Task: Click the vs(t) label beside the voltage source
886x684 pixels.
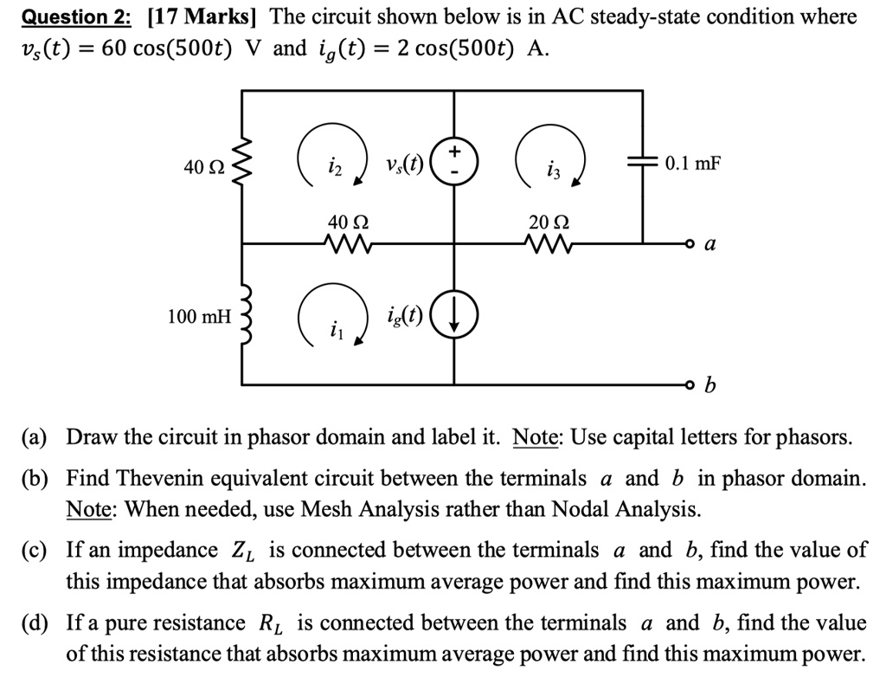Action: pyautogui.click(x=404, y=165)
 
